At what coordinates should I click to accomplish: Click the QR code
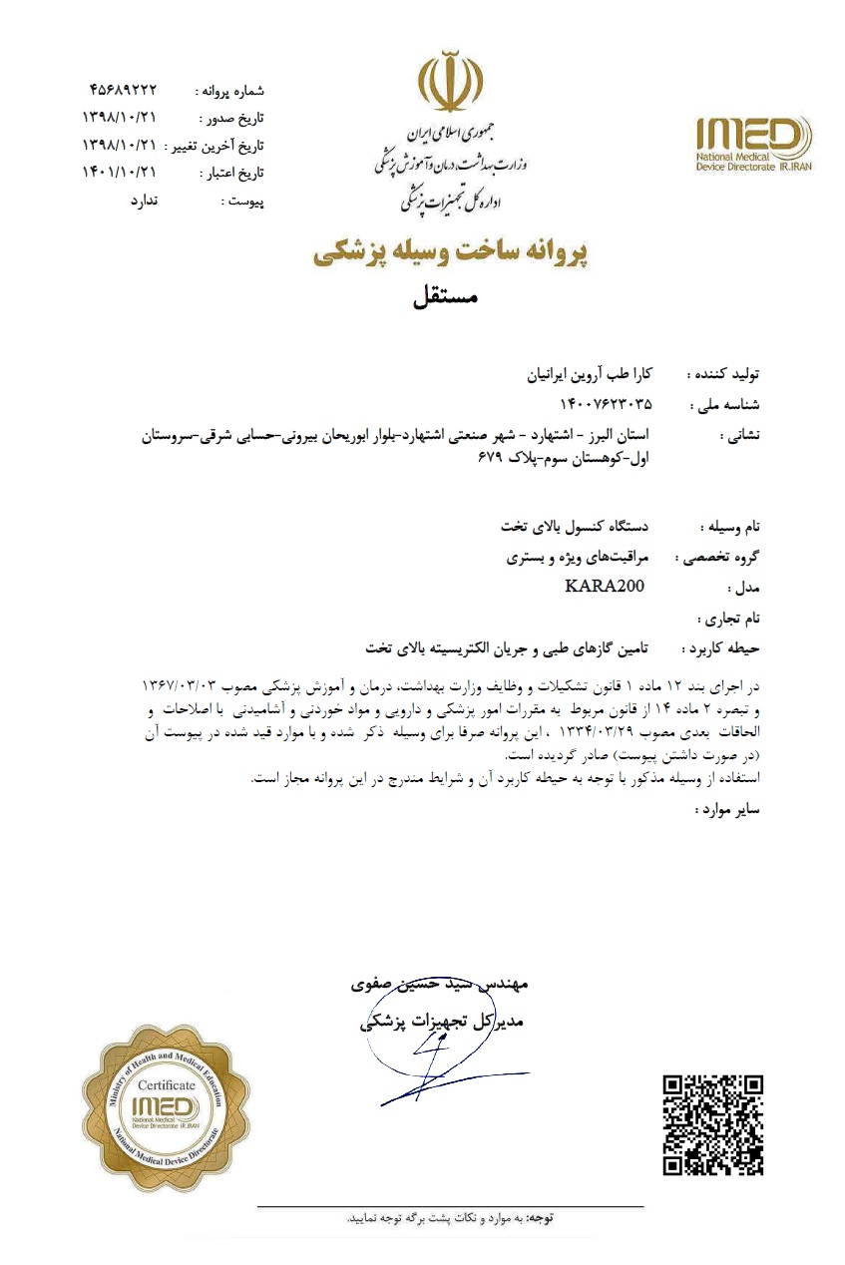713,1124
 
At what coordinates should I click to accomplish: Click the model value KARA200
598,586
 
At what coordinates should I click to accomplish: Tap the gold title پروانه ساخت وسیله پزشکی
452,254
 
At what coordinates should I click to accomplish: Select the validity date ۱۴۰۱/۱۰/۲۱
119,172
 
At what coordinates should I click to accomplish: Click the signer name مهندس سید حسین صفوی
439,983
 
